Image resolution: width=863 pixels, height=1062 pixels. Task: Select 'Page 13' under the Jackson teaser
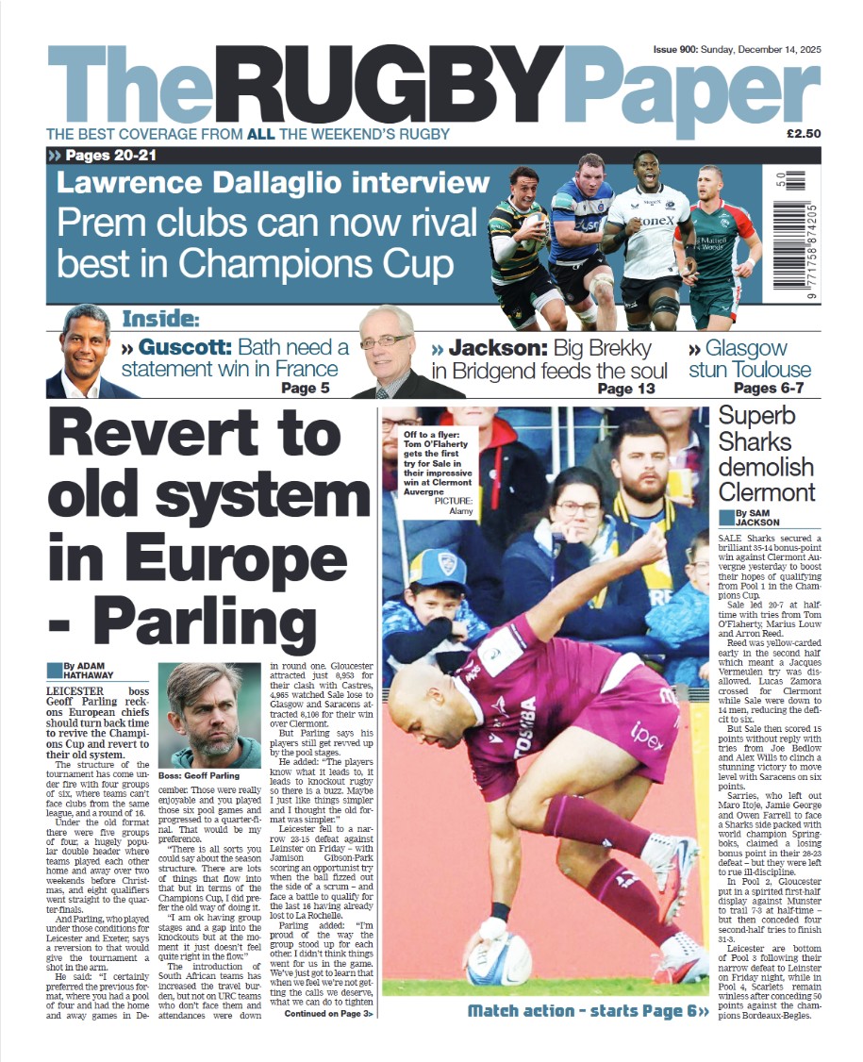[627, 389]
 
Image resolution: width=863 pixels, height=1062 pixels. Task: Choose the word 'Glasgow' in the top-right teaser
[757, 347]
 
